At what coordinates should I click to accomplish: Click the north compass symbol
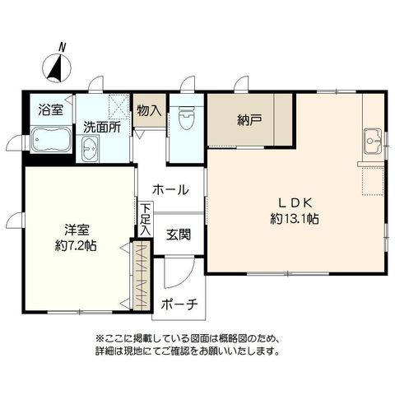(57, 66)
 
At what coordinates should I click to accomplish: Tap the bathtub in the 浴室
(51, 140)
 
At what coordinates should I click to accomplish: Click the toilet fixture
(186, 118)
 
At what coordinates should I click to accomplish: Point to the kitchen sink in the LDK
(373, 141)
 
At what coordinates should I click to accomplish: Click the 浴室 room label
(51, 109)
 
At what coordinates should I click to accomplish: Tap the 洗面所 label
(102, 127)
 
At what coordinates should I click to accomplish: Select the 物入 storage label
(149, 110)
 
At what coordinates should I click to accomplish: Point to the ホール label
(170, 189)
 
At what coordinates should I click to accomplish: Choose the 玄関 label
(179, 235)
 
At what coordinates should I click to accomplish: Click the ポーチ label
(179, 304)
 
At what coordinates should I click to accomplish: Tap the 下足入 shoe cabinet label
(146, 220)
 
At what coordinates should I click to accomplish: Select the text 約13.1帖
(295, 219)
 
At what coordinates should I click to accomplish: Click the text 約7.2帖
(76, 245)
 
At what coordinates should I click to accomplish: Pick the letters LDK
(295, 203)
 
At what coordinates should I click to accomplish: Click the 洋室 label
(77, 230)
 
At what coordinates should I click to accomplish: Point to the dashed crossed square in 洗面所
(118, 105)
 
